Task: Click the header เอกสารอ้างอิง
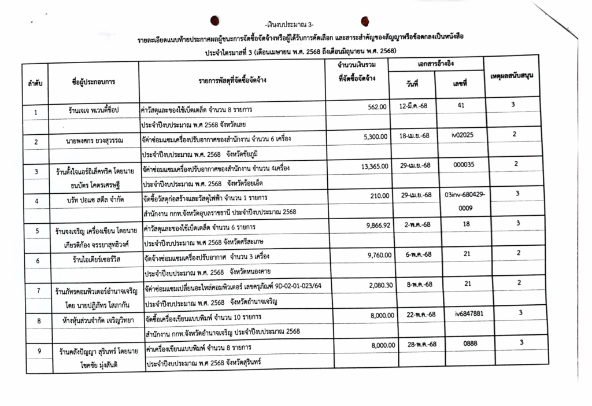436,64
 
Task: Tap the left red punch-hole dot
214,21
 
